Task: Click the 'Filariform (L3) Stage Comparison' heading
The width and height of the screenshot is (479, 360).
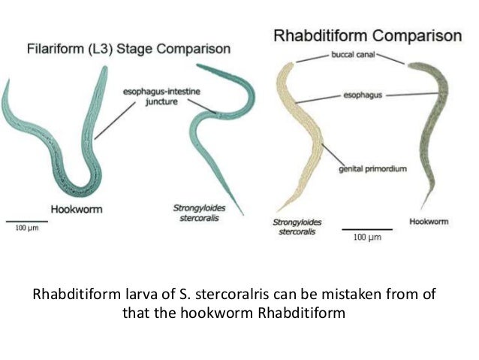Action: [x=128, y=49]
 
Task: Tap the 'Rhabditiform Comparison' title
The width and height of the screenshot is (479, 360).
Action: [x=367, y=36]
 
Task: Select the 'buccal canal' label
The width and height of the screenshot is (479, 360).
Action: [x=353, y=55]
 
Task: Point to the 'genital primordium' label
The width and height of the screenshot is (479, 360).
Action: [x=372, y=169]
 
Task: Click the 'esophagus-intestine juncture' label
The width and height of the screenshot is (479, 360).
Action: [x=161, y=96]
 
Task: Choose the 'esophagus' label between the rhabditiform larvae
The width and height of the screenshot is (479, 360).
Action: [x=363, y=95]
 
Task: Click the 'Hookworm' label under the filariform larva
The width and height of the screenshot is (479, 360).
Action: [x=77, y=210]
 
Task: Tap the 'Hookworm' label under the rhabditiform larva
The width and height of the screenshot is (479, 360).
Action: [x=429, y=222]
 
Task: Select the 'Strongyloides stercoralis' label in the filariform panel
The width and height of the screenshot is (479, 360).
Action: [x=199, y=213]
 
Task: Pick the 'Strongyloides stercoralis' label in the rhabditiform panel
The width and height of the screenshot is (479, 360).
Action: [x=297, y=227]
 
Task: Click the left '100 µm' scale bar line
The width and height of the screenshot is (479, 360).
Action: [x=27, y=221]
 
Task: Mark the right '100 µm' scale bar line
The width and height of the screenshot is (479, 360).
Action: [x=367, y=229]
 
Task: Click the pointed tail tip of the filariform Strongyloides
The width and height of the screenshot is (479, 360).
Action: [x=243, y=214]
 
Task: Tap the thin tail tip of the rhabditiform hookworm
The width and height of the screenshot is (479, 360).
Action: [x=422, y=208]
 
